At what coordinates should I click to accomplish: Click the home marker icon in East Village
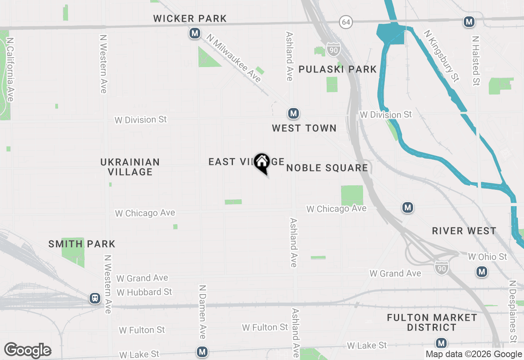262,162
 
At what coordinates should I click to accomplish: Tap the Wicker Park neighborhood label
190,18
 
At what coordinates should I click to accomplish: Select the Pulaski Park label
337,69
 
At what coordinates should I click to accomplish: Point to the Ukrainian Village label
130,167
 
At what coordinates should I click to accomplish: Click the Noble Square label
327,168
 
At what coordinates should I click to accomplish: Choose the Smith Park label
82,244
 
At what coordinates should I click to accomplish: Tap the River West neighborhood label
464,231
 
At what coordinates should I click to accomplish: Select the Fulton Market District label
432,322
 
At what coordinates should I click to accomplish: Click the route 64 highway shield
346,22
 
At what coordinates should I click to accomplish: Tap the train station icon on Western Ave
95,299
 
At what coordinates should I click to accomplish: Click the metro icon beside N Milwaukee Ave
195,34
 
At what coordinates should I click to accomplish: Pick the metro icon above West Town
293,113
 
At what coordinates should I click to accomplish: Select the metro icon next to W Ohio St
482,271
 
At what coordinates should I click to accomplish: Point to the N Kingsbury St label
441,56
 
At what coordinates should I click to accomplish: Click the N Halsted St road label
475,61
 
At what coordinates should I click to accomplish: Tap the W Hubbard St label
144,292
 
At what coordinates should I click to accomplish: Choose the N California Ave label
10,70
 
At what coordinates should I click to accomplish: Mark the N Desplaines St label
513,311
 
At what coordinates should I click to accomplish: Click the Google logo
27,350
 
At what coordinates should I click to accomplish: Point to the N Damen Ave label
202,312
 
